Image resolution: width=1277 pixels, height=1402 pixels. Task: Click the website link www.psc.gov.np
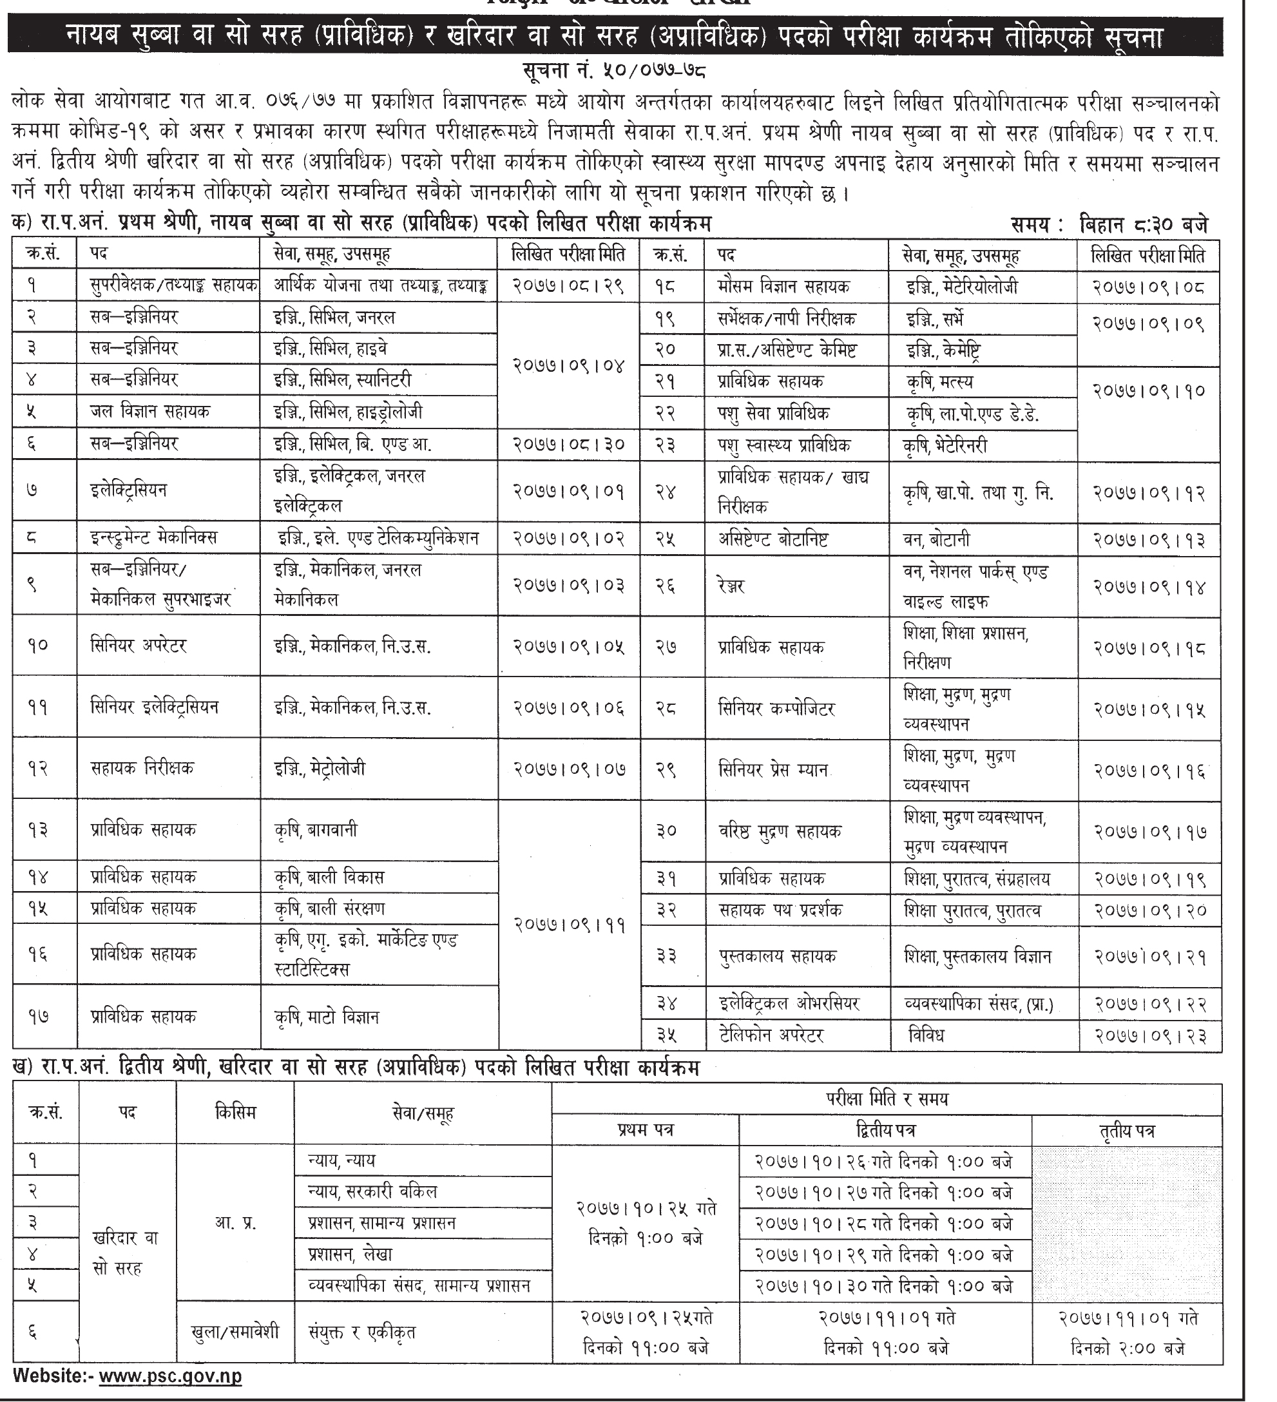[x=169, y=1376]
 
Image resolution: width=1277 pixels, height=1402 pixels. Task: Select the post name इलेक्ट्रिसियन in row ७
[x=129, y=490]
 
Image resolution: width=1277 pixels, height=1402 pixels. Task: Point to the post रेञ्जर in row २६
[x=733, y=586]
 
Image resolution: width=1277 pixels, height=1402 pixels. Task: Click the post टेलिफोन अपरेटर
[x=771, y=1035]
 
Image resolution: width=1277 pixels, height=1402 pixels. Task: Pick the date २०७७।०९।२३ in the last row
[x=1149, y=1036]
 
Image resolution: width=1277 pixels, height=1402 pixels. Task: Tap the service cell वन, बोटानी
[x=936, y=540]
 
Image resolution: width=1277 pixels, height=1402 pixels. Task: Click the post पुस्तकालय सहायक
[x=777, y=957]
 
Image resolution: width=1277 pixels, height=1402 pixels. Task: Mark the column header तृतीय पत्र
[x=1127, y=1131]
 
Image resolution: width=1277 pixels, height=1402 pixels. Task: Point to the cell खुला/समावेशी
[x=235, y=1332]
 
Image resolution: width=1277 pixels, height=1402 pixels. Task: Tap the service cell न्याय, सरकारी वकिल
[x=372, y=1192]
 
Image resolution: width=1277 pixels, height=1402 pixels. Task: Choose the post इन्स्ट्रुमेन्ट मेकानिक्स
[x=154, y=537]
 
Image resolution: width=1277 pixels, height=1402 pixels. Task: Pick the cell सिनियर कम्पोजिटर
[x=776, y=709]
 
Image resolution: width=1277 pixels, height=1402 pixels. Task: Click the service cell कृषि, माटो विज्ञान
[x=326, y=1017]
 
